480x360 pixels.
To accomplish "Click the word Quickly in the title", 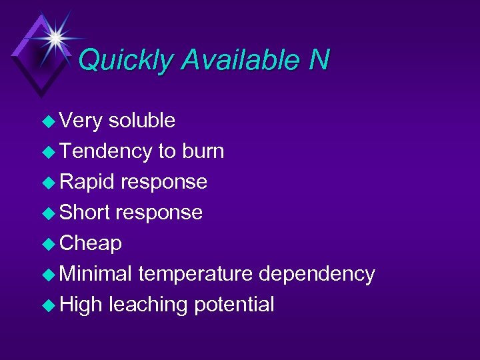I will pos(126,61).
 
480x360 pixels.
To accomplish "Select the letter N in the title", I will pos(319,61).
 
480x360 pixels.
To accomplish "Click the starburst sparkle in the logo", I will pos(54,36).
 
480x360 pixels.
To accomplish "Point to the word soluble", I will pos(141,121).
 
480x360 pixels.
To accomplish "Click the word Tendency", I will pos(105,151).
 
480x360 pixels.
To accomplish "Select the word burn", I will pos(201,151).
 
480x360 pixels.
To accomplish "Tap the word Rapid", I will pos(87,182).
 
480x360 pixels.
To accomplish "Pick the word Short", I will pos(85,213).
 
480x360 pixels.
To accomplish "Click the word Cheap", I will pos(91,243).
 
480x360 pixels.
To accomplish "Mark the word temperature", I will pos(195,274).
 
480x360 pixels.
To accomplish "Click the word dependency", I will pos(317,274).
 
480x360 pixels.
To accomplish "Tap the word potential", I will pos(234,305).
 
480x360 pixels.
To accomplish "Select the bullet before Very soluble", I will pos(49,121).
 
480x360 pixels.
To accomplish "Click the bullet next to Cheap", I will pos(49,244).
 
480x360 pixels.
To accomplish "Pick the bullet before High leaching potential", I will pos(49,305).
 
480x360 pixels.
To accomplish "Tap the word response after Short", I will pos(159,213).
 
